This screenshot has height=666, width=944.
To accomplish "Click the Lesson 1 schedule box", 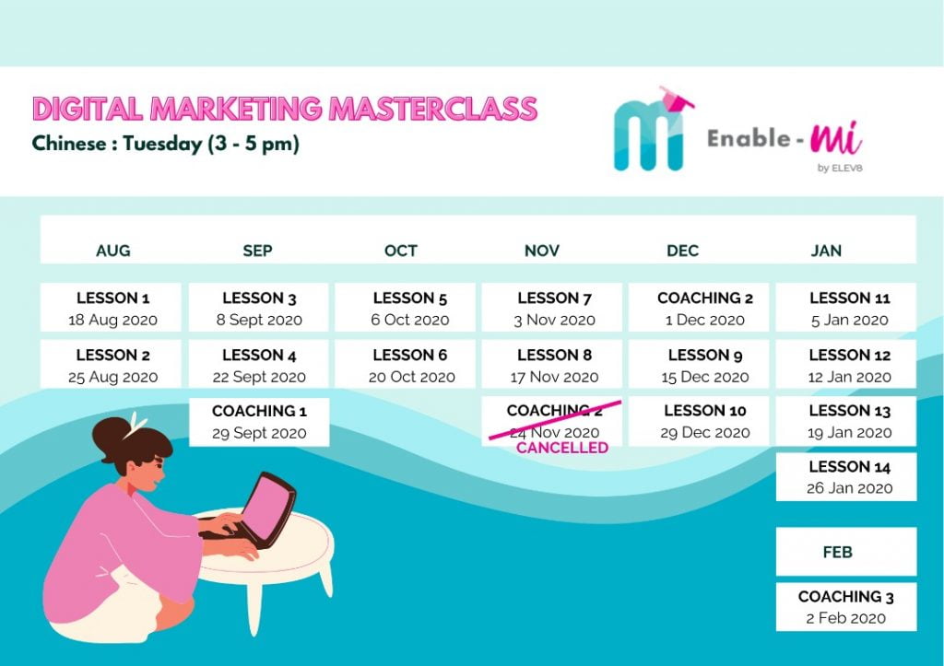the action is point(111,308).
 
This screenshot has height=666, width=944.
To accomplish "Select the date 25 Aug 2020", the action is point(112,378).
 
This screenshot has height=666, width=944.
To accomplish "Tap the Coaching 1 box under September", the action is point(259,422).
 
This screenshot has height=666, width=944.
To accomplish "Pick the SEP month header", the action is point(258,251).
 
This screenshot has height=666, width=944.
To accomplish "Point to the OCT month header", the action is point(401,251).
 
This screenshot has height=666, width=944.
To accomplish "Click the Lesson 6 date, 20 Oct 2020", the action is point(412,378).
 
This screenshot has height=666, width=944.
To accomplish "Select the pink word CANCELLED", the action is point(562,448).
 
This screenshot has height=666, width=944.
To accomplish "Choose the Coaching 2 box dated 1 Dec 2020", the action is point(699,308).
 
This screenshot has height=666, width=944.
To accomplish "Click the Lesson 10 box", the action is point(699,421).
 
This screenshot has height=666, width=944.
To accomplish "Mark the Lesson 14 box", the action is point(846,477).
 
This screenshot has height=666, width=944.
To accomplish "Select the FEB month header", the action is point(837,552).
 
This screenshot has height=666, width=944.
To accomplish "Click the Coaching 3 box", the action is point(846,606).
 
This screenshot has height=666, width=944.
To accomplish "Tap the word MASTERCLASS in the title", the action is point(433,109).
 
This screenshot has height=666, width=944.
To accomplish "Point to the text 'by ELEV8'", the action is point(840,168).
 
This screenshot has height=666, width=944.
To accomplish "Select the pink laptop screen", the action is point(273,508).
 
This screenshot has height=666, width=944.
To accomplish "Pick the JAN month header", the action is point(826,251).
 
